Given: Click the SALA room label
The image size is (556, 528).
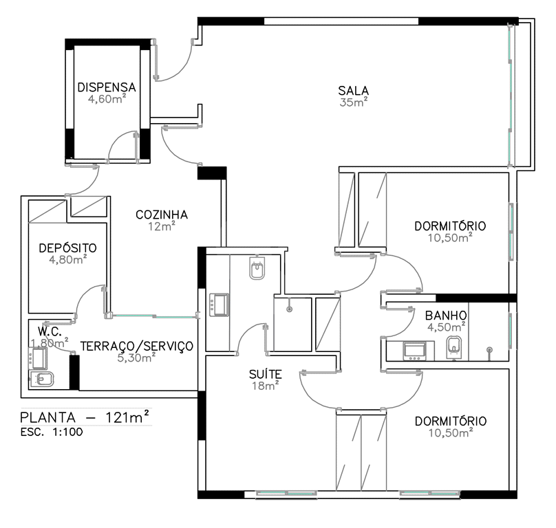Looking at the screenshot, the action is (353, 91).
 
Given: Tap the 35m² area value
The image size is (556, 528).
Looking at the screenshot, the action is (353, 102).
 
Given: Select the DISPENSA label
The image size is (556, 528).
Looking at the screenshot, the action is (107, 87).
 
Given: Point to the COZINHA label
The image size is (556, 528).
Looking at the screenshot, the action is (162, 214).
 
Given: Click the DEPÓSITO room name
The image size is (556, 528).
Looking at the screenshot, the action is (67, 247).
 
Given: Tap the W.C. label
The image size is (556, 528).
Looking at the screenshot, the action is (50, 331).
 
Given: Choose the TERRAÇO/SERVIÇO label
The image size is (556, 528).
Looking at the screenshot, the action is (137, 346).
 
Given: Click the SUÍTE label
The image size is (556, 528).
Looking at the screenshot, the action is (265, 374).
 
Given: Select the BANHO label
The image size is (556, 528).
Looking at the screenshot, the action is (446, 315).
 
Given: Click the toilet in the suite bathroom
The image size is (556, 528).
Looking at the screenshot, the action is (257, 268).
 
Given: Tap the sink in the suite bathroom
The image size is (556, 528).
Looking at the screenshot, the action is (219, 305).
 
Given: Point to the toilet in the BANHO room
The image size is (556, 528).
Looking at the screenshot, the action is (455, 347).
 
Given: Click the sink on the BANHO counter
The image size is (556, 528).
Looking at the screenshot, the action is (414, 351).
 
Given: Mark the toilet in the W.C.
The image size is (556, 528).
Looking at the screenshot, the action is (42, 379).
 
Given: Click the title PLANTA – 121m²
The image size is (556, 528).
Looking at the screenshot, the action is (85, 417).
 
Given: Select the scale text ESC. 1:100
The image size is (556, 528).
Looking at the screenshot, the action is (52, 432).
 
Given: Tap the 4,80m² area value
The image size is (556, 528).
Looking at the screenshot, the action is (68, 259).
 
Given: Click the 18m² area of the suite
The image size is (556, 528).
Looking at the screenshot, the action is (265, 386).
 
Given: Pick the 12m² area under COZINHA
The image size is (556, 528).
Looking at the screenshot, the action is (162, 226).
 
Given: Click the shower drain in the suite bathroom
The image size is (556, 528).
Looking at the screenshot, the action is (289, 309).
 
